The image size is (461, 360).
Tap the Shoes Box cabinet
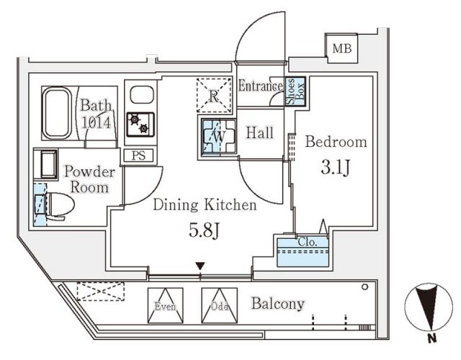(295, 91)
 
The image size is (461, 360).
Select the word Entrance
(260, 86)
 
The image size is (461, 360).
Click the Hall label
(259, 132)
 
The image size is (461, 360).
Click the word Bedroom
(336, 142)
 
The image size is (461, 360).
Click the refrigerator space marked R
(215, 96)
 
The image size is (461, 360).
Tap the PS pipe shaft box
(138, 155)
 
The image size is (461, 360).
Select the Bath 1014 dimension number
(95, 122)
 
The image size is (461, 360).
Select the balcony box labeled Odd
(219, 303)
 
